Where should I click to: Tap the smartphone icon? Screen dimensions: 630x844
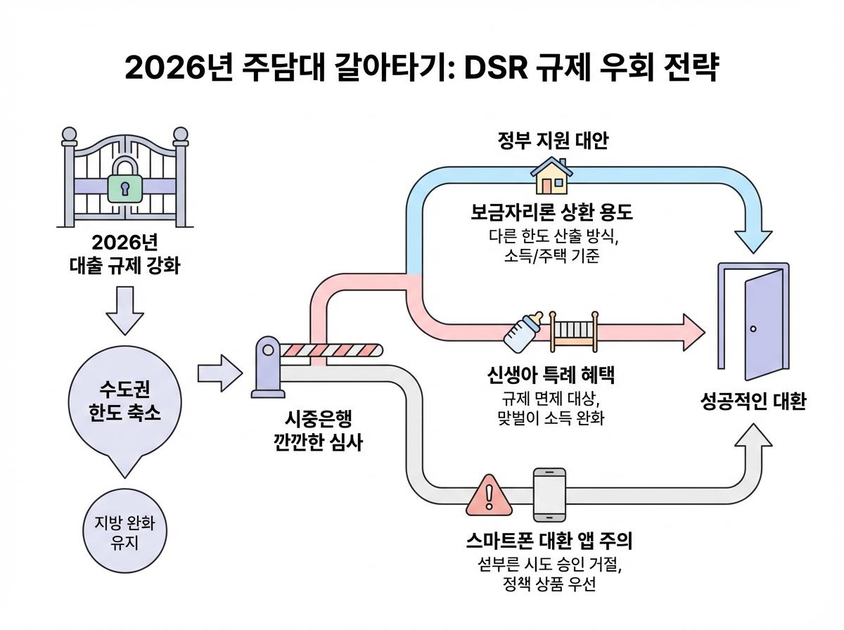549,495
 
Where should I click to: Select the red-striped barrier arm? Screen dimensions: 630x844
330,350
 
